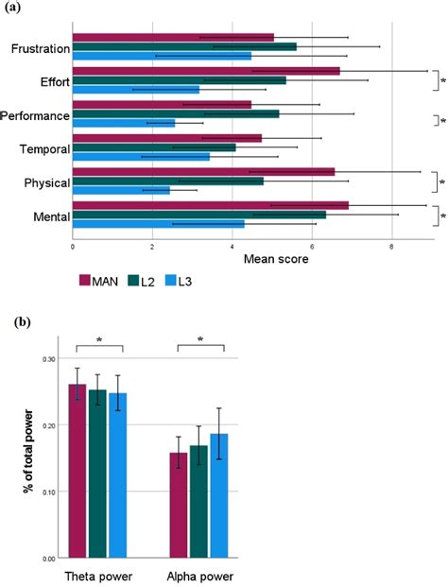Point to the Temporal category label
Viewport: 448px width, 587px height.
click(x=42, y=148)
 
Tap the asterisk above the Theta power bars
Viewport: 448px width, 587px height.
click(x=96, y=340)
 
